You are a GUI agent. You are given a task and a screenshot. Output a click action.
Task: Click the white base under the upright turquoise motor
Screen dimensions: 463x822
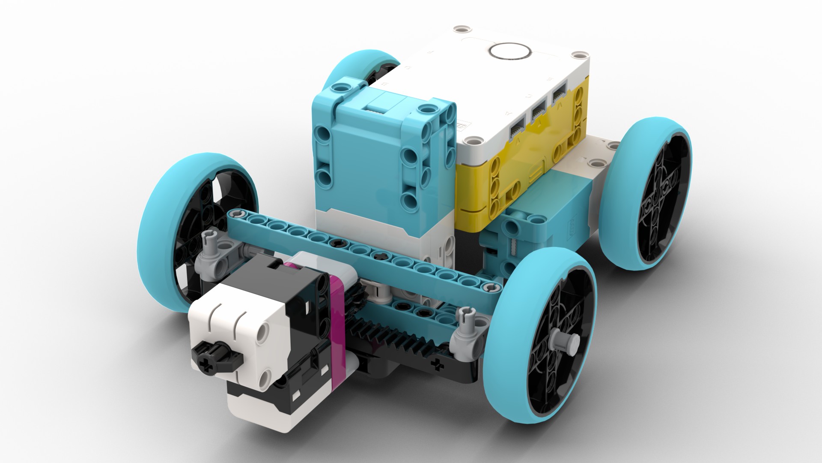pos(381,231)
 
